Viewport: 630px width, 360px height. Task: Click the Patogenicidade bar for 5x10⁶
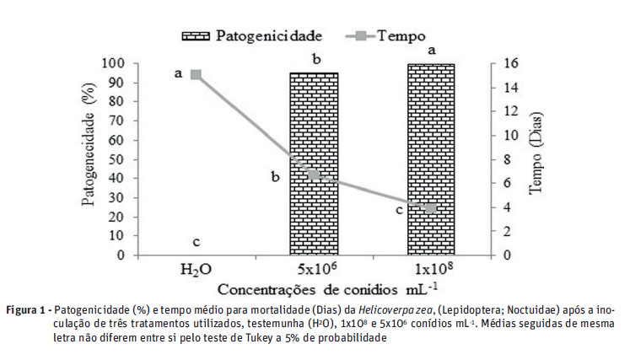click(315, 164)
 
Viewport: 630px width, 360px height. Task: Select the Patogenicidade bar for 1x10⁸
click(431, 159)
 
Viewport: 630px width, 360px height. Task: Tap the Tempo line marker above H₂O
click(196, 74)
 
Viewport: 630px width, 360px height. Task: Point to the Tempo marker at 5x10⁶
click(314, 175)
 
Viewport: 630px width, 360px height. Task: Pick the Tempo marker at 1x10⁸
click(431, 207)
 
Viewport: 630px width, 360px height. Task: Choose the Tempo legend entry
click(387, 36)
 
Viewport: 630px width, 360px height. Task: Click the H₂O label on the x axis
click(196, 272)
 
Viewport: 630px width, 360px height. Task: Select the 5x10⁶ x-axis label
click(314, 271)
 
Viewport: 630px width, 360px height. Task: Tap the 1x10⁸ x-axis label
click(431, 271)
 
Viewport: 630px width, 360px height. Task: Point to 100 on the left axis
click(111, 64)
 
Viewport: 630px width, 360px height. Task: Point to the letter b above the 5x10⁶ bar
click(315, 59)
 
